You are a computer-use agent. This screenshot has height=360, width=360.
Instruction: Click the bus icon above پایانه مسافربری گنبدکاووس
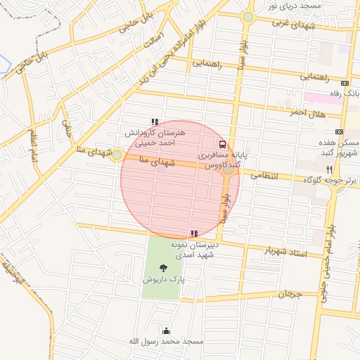coord(223,144)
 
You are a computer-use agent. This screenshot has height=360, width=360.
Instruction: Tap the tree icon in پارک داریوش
coord(164,267)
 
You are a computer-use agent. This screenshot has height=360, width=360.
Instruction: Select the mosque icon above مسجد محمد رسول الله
coord(166,330)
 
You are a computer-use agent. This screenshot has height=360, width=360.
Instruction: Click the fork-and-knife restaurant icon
coord(329,169)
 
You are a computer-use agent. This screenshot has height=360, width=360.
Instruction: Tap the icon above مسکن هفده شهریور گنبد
coord(339,132)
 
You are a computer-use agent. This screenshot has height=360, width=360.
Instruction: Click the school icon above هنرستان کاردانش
coord(154,122)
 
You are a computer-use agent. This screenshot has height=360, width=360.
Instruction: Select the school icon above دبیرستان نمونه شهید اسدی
coord(193,233)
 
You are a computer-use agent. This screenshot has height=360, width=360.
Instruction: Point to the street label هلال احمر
coord(308,112)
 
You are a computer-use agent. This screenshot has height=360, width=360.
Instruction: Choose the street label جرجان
coord(288,295)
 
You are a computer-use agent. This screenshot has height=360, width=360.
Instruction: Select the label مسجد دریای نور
coord(295,6)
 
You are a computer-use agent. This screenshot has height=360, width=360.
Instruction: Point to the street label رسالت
coord(153,39)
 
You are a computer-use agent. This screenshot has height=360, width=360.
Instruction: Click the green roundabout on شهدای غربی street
coord(247,17)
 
